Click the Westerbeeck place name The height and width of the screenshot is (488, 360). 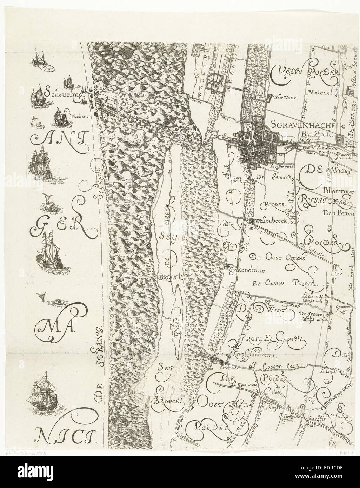269,222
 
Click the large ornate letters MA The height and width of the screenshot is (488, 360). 57,328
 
